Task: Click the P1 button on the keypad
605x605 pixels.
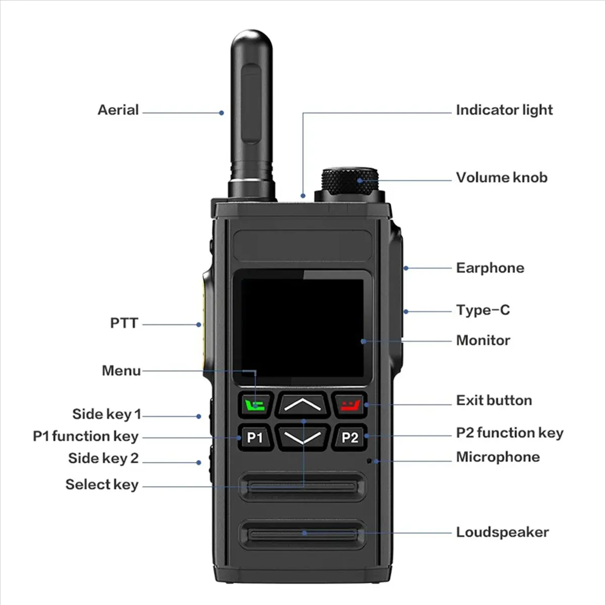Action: pyautogui.click(x=255, y=437)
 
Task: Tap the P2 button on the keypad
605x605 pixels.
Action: pyautogui.click(x=349, y=437)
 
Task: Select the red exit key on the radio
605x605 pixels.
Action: pyautogui.click(x=349, y=405)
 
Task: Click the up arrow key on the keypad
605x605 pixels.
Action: pyautogui.click(x=302, y=404)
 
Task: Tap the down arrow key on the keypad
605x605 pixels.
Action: pyautogui.click(x=302, y=437)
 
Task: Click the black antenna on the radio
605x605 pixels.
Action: pyautogui.click(x=252, y=111)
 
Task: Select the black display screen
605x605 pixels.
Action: pyautogui.click(x=302, y=328)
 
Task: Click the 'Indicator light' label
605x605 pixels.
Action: pyautogui.click(x=504, y=110)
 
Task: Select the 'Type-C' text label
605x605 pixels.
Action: pyautogui.click(x=482, y=310)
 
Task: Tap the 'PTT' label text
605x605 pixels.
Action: pyautogui.click(x=124, y=323)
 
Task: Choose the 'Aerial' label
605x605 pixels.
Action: pyautogui.click(x=118, y=110)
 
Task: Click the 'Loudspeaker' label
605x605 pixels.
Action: pyautogui.click(x=502, y=532)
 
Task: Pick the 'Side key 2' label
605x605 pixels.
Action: pyautogui.click(x=103, y=458)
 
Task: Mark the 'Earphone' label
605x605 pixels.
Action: pyautogui.click(x=490, y=268)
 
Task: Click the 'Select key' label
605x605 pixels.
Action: pyautogui.click(x=102, y=485)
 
